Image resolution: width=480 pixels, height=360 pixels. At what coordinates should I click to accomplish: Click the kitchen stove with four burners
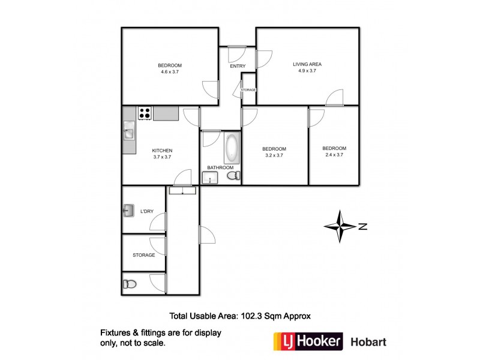pos(144,113)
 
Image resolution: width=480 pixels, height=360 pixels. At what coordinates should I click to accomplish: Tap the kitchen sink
pos(129,131)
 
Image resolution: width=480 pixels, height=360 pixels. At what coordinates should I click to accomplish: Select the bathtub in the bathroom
pos(231,148)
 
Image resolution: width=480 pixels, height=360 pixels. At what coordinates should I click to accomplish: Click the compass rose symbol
pos(340,226)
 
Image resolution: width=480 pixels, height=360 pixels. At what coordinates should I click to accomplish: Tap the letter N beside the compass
pos(362,226)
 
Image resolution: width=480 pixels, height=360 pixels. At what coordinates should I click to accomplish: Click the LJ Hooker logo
pos(308,342)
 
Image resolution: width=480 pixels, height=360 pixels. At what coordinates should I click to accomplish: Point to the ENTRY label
pos(238,66)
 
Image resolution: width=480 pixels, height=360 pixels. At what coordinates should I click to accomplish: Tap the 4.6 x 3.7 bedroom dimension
pos(170,72)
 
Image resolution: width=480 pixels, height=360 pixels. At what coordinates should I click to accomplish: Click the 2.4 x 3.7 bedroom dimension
pos(334,155)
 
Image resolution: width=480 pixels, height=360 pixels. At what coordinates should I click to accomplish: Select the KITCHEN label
pos(162,150)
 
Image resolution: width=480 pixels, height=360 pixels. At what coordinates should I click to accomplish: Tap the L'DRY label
pos(147,211)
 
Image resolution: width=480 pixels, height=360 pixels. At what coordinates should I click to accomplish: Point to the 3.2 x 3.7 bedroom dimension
pos(274,155)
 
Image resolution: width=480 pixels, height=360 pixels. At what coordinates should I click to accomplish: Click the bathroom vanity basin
pos(210,177)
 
